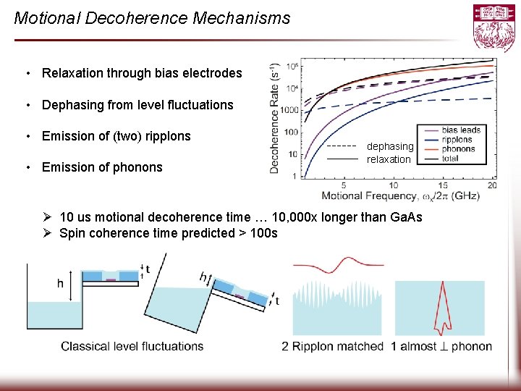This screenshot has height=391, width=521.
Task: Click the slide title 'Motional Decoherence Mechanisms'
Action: click(x=152, y=18)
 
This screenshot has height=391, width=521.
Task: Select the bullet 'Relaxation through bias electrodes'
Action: click(x=142, y=73)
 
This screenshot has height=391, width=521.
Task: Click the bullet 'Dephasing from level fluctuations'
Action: click(x=137, y=105)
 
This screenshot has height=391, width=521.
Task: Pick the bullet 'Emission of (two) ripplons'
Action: click(x=117, y=136)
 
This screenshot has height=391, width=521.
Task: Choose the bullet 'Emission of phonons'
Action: click(x=102, y=167)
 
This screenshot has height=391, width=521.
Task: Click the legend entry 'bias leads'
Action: click(x=460, y=130)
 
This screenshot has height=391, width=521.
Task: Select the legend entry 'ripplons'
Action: click(x=457, y=140)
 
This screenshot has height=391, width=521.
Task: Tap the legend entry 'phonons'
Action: click(x=458, y=149)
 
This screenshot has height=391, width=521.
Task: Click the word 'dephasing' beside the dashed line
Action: click(x=390, y=146)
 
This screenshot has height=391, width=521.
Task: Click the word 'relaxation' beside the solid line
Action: click(x=389, y=159)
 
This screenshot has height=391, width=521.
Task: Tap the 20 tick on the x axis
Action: click(x=492, y=186)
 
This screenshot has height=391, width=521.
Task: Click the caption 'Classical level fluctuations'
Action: click(x=132, y=346)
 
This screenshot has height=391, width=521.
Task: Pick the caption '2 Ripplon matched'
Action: click(x=332, y=346)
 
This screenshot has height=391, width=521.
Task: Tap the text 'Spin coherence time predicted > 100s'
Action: click(x=168, y=233)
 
